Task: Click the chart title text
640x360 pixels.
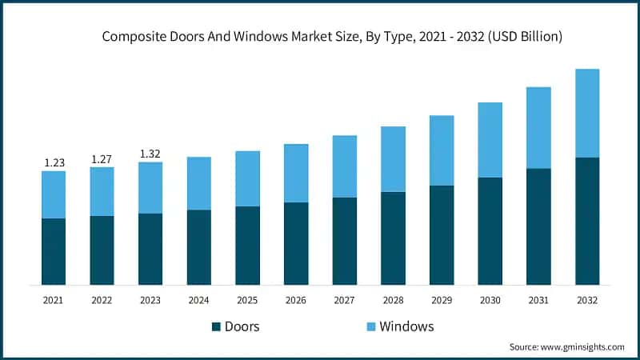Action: coord(331,37)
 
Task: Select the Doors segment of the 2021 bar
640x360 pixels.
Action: coord(54,251)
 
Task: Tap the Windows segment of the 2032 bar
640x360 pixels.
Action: coord(587,113)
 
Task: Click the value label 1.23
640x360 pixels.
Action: coord(54,162)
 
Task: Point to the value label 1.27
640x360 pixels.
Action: coord(102,158)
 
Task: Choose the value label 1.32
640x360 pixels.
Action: coord(150,154)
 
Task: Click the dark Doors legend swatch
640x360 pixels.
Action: coord(216,326)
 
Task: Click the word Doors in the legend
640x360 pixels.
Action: coord(242,326)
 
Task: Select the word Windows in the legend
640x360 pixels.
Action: coord(406,326)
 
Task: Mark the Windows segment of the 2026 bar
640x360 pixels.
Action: coord(296,173)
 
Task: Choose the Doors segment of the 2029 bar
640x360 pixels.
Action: coord(442,235)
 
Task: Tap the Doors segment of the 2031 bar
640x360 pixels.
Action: coord(538,226)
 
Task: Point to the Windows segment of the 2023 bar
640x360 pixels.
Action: coord(150,187)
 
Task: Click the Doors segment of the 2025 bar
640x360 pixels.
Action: coord(247,246)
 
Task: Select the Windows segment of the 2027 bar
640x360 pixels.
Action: coord(344,166)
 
